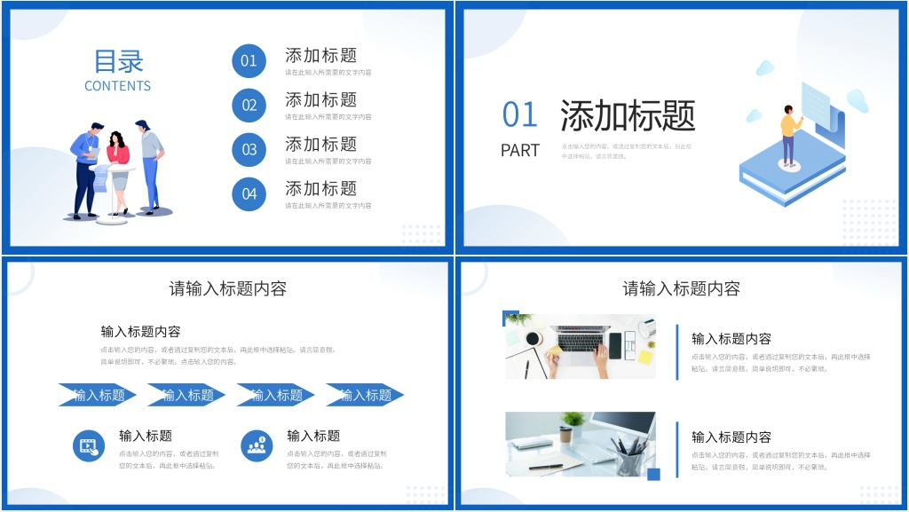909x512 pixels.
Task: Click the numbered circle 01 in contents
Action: tap(249, 61)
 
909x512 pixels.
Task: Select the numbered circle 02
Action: tap(249, 106)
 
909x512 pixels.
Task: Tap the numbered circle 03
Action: tap(249, 150)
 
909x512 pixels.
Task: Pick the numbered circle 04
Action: tap(249, 194)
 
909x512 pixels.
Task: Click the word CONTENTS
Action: tap(117, 86)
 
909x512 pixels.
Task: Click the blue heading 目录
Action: tap(118, 61)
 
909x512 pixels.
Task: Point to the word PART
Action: tap(520, 151)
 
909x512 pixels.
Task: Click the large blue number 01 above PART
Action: tap(520, 115)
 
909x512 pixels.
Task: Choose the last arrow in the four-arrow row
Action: tap(365, 395)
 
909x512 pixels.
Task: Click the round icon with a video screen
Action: tap(88, 445)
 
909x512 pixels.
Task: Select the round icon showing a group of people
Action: tap(257, 445)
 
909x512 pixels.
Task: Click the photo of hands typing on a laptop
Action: tap(581, 346)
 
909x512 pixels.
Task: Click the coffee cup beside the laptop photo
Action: tap(534, 338)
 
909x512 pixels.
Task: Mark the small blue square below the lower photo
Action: tap(654, 474)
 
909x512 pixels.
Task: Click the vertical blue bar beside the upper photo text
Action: tap(676, 352)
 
